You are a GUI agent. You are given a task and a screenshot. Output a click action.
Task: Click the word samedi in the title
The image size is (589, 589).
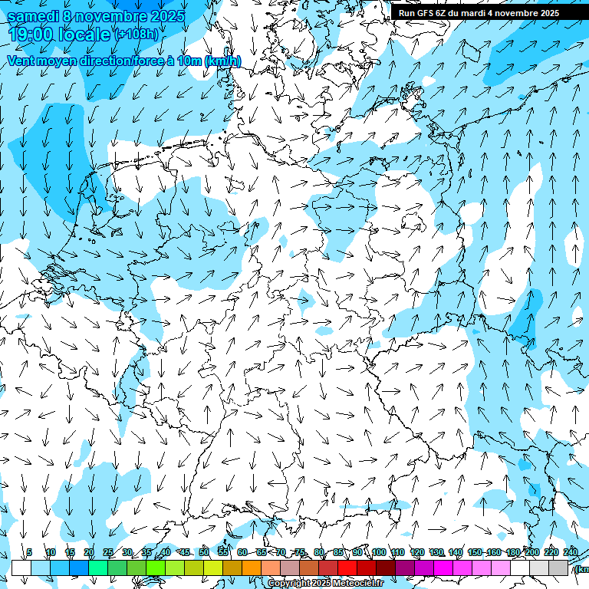coord(32,16)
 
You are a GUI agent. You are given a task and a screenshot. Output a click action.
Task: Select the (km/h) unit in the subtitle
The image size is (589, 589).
coord(222,61)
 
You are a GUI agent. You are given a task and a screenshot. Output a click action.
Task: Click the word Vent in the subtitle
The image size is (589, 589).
coord(21,61)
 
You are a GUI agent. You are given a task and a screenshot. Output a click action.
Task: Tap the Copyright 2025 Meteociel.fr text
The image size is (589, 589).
coord(326,584)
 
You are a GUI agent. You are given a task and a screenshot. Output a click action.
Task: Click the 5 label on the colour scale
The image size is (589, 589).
coord(29,552)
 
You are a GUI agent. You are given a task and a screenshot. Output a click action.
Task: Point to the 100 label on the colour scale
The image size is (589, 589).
coord(378,552)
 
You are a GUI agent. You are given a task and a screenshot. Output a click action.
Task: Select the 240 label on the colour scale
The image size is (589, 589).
coord(570,552)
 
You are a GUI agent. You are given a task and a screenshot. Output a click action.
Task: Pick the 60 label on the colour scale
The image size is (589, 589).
coord(242,552)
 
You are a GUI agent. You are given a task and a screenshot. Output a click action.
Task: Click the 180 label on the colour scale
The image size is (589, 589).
coord(512,552)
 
